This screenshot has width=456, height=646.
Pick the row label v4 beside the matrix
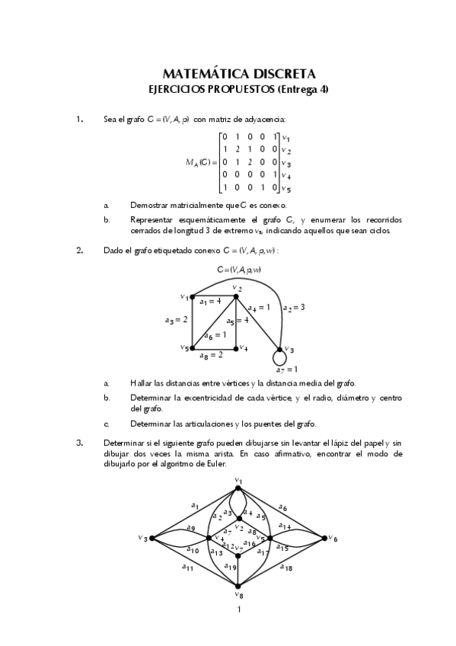286,174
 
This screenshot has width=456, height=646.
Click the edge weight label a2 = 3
293,307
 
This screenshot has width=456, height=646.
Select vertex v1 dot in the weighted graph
193,297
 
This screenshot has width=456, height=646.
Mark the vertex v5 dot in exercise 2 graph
193,347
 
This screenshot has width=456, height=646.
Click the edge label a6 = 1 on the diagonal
215,334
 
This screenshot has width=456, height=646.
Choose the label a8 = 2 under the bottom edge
211,355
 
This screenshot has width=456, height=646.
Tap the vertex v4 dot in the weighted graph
236,347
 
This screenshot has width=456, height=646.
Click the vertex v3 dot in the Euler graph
152,538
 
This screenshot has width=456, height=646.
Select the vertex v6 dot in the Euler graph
325,538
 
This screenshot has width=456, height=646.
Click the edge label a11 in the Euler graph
187,567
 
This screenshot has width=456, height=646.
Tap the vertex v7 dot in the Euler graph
239,554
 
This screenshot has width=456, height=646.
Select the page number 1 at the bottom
239,609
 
